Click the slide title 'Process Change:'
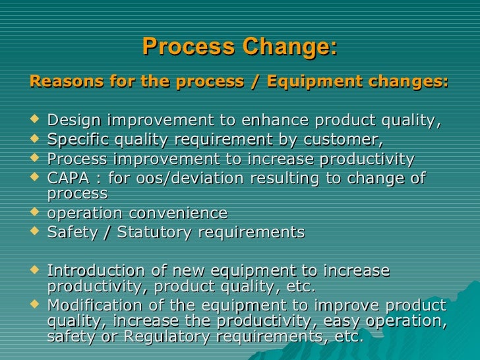click(239, 47)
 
